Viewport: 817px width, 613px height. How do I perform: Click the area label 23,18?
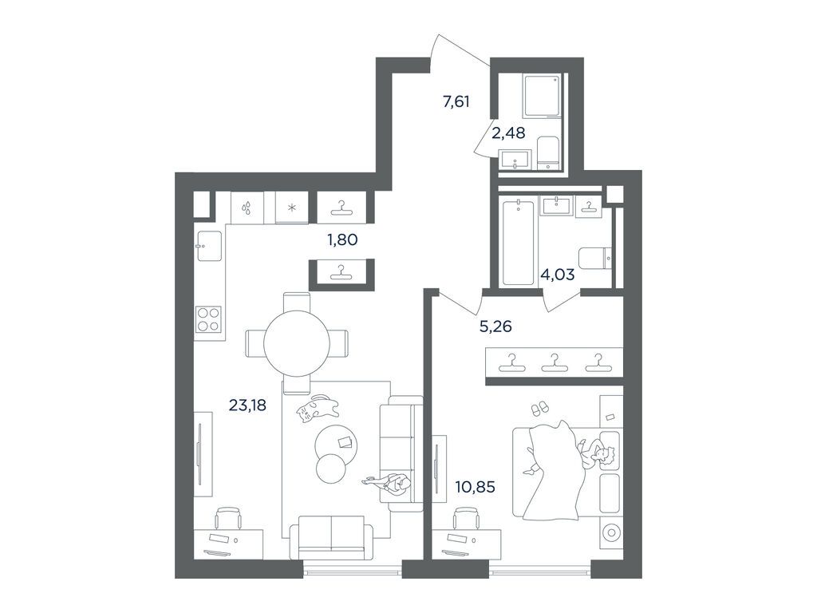[x=247, y=405]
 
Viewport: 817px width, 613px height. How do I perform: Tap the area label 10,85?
[x=473, y=485]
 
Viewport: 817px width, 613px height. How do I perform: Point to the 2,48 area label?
[x=508, y=133]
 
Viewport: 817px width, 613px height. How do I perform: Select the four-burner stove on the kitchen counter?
[x=209, y=318]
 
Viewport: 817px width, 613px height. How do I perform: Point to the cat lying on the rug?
[x=317, y=409]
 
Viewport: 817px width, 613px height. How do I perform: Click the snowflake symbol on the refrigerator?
[x=291, y=208]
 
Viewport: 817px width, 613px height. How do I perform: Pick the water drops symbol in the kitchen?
[x=248, y=208]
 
